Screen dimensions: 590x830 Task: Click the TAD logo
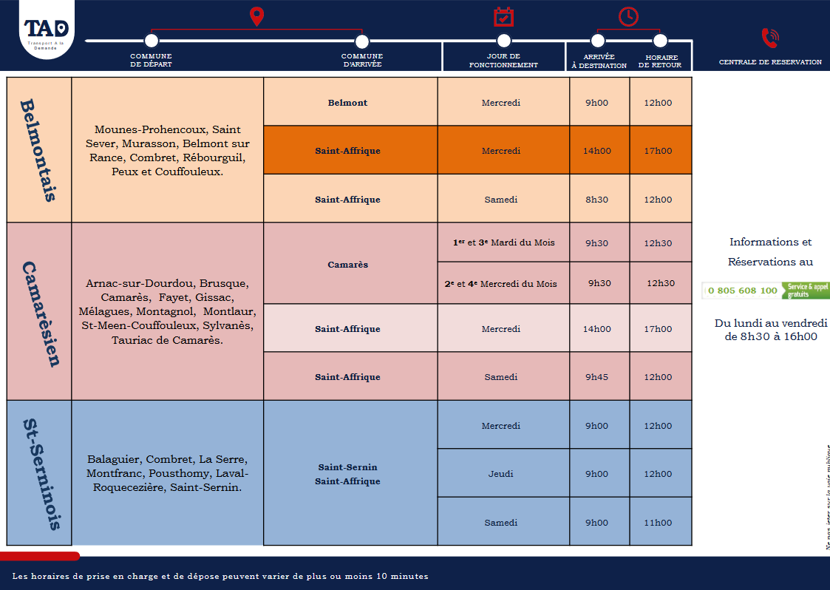tap(47, 30)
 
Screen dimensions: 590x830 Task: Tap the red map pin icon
tap(256, 16)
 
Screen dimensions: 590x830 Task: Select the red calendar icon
tap(503, 16)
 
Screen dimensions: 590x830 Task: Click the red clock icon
tap(628, 16)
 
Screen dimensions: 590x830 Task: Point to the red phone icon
tap(769, 38)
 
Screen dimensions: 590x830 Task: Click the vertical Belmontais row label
tap(39, 150)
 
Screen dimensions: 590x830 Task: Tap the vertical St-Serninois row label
tap(39, 473)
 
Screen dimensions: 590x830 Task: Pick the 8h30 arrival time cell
tap(598, 200)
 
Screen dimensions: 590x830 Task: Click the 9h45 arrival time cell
tap(598, 377)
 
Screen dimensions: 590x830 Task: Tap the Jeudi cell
tap(502, 474)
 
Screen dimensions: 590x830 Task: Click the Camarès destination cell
tap(348, 265)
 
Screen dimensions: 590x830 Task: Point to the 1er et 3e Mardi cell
tap(503, 243)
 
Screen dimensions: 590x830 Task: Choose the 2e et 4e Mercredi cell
tap(501, 284)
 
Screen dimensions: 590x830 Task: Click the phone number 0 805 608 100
tap(742, 291)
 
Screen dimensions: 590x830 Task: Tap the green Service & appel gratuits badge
tap(807, 291)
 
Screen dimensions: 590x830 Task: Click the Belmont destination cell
tap(348, 103)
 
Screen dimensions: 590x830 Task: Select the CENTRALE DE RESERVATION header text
tap(770, 62)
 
